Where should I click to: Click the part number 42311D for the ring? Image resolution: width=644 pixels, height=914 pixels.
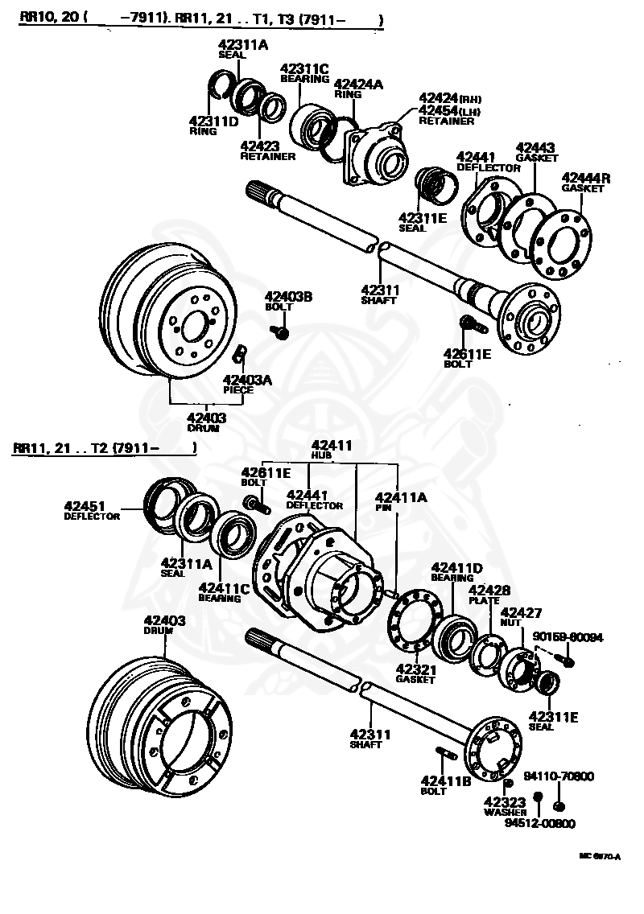tap(214, 121)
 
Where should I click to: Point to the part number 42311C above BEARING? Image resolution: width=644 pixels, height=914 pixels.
tap(303, 69)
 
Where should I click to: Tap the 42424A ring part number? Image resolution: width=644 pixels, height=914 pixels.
tap(358, 84)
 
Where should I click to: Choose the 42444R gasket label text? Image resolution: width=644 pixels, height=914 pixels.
tap(584, 178)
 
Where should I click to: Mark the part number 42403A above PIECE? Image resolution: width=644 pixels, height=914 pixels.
tap(247, 380)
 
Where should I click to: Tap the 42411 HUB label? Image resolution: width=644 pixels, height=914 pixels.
tap(332, 445)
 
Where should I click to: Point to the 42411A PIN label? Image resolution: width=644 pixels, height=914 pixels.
tap(400, 498)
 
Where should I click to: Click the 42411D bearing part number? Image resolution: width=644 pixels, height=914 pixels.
tap(456, 568)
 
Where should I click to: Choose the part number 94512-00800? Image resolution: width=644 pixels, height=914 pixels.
tap(540, 823)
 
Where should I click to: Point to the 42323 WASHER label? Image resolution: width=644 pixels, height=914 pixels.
tap(505, 802)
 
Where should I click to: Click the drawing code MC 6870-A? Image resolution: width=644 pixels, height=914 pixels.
tap(601, 857)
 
